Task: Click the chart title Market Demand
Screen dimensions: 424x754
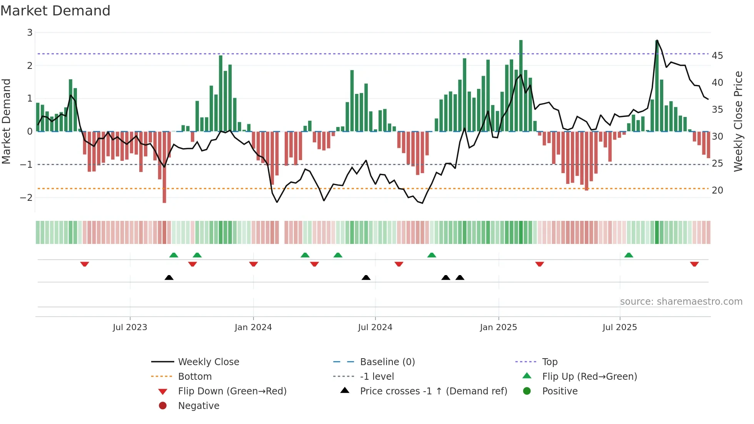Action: point(55,11)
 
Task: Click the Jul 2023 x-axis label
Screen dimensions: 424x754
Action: point(130,327)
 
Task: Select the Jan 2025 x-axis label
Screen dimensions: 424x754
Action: point(498,327)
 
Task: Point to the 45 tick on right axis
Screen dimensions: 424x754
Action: point(717,56)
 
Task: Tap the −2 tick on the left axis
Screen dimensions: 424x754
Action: point(27,198)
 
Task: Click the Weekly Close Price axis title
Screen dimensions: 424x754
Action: point(738,121)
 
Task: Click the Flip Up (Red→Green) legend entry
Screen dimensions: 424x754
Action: point(589,377)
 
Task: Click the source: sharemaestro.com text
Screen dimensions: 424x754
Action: point(681,302)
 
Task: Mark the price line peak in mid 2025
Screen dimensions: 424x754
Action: point(657,40)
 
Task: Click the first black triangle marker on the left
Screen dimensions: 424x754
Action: point(169,277)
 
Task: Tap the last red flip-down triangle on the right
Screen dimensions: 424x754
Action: point(694,264)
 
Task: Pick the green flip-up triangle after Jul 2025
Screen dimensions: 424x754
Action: point(629,255)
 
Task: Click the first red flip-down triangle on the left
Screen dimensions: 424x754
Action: point(85,264)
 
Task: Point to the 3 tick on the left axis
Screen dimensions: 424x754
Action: point(30,33)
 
